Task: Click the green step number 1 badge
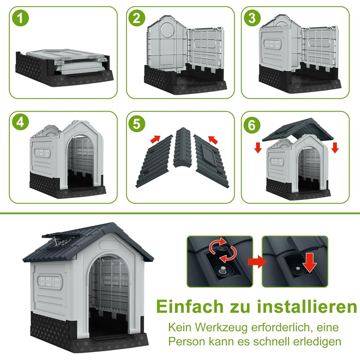point(21,18)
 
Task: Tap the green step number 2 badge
point(137,18)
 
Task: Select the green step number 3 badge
point(252,18)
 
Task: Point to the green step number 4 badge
point(21,122)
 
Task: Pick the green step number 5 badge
point(137,124)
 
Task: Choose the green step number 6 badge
point(252,125)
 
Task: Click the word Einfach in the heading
point(190,307)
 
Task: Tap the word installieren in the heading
point(307,307)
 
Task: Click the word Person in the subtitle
point(187,341)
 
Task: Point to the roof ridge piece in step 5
point(182,148)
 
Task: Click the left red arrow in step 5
point(155,139)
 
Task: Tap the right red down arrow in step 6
point(335,148)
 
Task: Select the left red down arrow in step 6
point(258,148)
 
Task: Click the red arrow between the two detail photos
point(257,261)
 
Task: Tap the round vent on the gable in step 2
point(167,30)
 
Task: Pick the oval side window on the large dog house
point(50,282)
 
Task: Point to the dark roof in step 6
point(298,131)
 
